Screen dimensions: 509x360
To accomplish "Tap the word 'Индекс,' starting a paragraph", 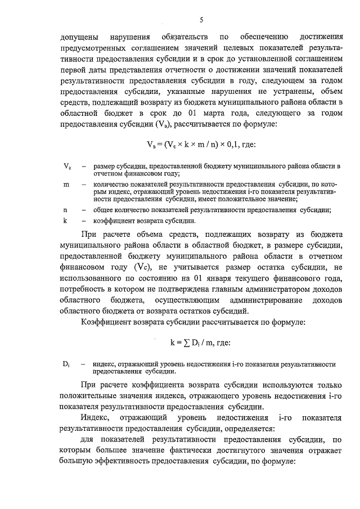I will (x=95, y=418).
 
